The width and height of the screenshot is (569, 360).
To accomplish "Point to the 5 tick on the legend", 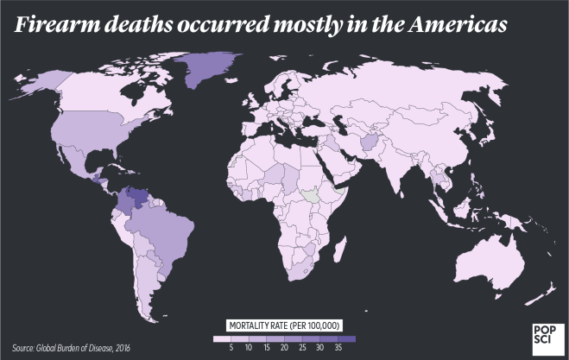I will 231,346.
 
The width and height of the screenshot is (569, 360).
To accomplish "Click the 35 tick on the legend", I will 337,346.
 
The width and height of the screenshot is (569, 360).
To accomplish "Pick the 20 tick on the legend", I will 283,346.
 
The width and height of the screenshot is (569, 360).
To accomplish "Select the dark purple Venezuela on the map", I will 134,200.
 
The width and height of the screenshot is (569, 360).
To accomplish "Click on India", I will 397,168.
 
